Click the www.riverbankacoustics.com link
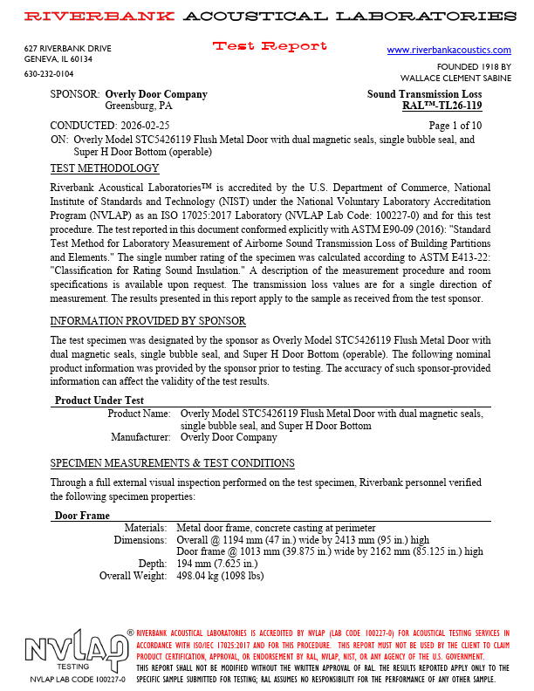(448, 51)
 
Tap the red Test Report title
(270, 46)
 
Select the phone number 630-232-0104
(49, 74)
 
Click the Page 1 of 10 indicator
(453, 127)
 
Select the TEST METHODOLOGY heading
(105, 168)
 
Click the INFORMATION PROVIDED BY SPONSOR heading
(147, 321)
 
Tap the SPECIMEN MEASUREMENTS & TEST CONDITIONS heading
(172, 463)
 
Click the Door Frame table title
(82, 517)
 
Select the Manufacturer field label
(140, 438)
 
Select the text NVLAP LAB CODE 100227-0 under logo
(78, 679)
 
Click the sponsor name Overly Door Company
(156, 94)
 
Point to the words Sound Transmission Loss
(424, 94)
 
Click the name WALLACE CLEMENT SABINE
(455, 78)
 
